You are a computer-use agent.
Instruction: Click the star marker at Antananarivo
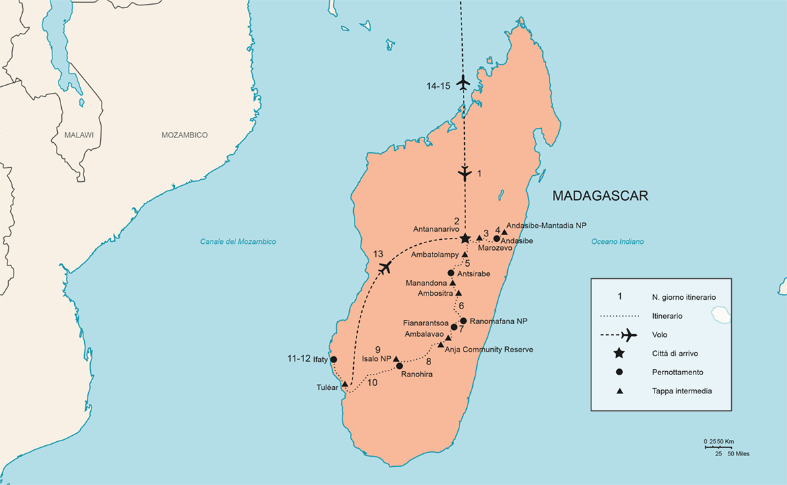pos(465,238)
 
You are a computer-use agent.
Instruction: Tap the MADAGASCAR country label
pos(600,196)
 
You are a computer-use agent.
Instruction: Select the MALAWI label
pos(79,135)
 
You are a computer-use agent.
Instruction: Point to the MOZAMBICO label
pos(184,135)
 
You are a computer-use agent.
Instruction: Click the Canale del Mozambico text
pos(237,242)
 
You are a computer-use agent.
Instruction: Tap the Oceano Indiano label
pos(617,242)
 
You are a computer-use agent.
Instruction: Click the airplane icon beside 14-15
pos(463,84)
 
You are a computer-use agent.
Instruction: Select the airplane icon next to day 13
pos(385,267)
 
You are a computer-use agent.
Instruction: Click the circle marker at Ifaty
pos(334,360)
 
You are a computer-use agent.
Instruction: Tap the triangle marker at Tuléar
pos(345,384)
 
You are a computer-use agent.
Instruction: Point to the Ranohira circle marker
pos(400,366)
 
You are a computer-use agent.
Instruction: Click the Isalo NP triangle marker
pos(396,359)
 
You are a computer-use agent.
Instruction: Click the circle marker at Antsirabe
pos(451,273)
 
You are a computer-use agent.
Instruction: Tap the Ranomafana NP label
pos(498,321)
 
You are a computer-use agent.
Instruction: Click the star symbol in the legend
pos(620,354)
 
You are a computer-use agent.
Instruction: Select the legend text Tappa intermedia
pos(681,391)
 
